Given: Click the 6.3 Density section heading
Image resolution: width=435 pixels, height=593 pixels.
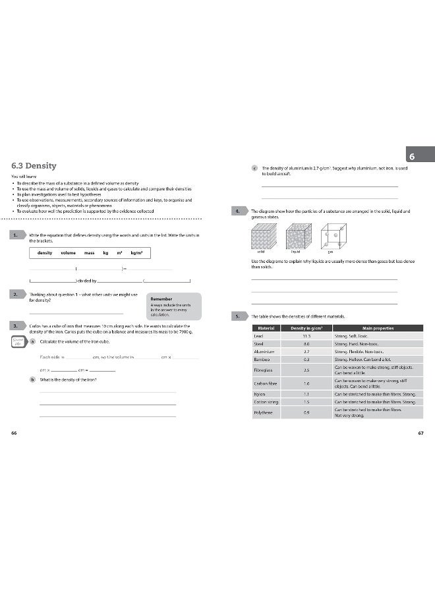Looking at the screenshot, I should point(34,166).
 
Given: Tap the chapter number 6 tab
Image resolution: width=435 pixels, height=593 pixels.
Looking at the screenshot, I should point(411,157).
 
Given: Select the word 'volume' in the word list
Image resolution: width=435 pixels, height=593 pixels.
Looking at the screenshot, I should point(68,253).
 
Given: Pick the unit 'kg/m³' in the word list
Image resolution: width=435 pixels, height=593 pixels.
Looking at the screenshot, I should point(136,253).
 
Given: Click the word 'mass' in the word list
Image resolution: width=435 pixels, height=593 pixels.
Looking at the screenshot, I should point(89,253).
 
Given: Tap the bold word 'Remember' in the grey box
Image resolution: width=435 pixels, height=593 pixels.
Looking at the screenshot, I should point(161,298).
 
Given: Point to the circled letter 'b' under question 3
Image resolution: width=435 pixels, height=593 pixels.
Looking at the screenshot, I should point(33,380).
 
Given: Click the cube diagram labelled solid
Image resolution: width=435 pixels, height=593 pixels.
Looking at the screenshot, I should point(264,235).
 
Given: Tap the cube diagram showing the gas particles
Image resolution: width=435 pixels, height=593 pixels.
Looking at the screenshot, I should point(332,235).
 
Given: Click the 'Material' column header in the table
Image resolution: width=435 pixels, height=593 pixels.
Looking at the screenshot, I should point(266,327).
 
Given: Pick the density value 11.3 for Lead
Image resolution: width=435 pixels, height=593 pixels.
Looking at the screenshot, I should point(306,335).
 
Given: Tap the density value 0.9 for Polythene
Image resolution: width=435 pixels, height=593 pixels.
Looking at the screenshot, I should point(306,412).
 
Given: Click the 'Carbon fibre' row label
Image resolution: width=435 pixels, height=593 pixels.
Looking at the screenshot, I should point(264,383).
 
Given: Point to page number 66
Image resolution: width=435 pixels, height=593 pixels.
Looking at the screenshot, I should point(14,433).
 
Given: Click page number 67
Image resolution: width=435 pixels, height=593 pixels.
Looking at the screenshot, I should point(420,433).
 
